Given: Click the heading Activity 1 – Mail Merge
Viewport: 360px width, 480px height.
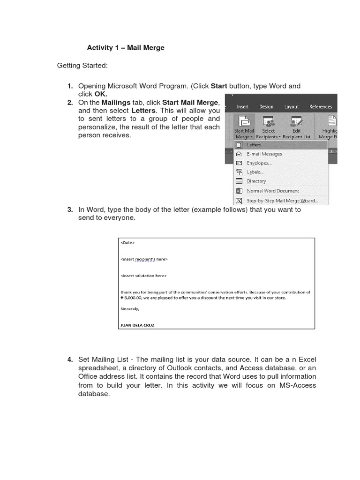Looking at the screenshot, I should click(x=126, y=48).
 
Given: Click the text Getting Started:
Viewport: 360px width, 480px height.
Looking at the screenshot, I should click(x=82, y=66).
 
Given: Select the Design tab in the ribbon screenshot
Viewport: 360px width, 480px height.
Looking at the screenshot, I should click(x=266, y=107).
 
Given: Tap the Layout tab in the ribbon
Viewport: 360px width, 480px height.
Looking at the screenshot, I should click(x=291, y=107).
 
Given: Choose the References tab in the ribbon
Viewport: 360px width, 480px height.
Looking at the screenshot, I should click(x=320, y=107).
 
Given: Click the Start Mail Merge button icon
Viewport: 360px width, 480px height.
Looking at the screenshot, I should click(x=244, y=121).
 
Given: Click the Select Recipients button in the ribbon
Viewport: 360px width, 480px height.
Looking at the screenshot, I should click(x=269, y=127).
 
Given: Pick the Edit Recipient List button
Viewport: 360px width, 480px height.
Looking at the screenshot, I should click(x=296, y=127).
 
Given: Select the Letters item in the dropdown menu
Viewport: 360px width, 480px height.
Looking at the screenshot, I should click(x=254, y=145).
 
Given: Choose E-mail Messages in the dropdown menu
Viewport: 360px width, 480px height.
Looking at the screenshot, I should click(x=264, y=154).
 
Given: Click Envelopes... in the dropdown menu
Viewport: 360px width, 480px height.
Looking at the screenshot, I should click(x=259, y=163).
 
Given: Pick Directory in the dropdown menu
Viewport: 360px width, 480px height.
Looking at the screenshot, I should click(x=256, y=181).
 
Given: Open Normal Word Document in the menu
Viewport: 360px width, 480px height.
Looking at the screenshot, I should click(x=272, y=191).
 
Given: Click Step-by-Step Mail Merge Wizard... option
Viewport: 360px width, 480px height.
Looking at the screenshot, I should click(x=282, y=201).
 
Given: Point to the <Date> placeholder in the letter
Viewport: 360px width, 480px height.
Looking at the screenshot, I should click(x=127, y=243).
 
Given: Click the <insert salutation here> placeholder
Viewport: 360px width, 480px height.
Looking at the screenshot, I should click(x=143, y=276).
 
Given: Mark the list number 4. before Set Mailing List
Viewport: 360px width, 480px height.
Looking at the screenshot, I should click(x=70, y=360).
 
